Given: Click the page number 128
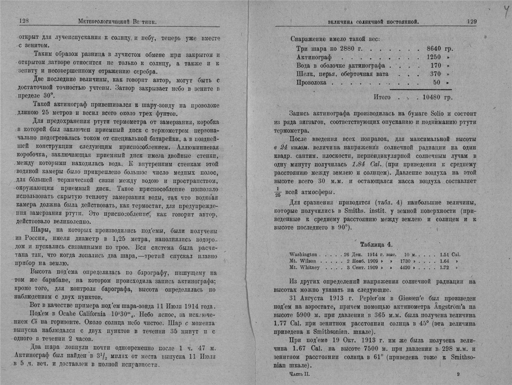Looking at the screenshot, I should point(24,21).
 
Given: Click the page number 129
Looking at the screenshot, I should point(472,22).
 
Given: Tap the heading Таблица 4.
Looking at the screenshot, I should point(376,244).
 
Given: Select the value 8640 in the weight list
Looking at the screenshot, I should point(434,49).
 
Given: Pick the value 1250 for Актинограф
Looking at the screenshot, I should point(434,57).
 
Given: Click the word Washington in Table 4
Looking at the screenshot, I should point(303,255).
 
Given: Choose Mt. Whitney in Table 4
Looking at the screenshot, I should point(305,267).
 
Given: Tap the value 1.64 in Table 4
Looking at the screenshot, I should point(444,261).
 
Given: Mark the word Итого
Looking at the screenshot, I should point(382,97).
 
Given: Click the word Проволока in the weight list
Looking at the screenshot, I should point(311,83).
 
